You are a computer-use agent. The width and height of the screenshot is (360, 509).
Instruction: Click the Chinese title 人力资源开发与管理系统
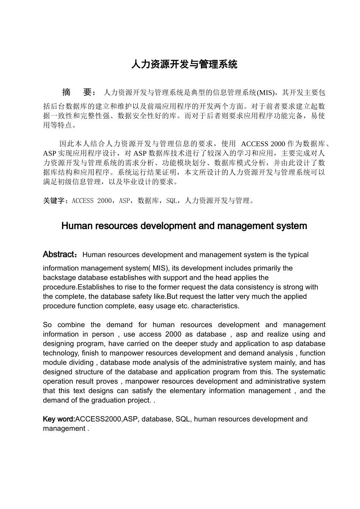point(184,64)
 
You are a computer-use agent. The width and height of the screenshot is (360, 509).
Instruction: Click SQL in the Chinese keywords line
point(172,201)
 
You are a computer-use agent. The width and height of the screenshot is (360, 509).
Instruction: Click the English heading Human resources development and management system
point(184,226)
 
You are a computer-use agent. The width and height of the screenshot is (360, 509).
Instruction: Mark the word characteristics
point(215,306)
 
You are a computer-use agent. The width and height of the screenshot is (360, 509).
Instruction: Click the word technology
point(61,353)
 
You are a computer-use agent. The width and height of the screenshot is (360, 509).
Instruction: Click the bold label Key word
point(59,419)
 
